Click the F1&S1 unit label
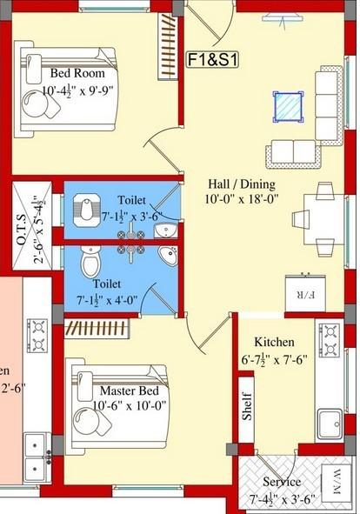tap(214, 60)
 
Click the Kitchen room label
tap(273, 343)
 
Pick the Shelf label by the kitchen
tap(248, 407)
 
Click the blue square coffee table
tap(287, 107)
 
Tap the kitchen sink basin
tap(330, 424)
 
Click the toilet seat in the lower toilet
tap(90, 259)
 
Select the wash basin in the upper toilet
tap(166, 229)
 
